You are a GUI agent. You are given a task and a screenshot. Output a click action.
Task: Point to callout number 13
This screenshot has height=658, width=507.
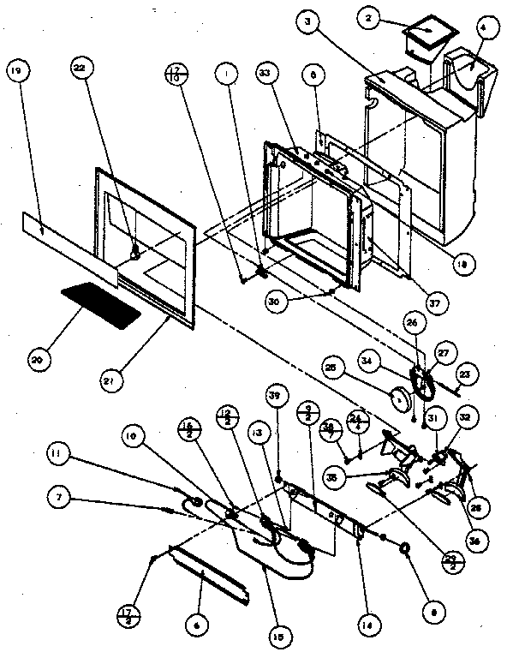(x=256, y=434)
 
